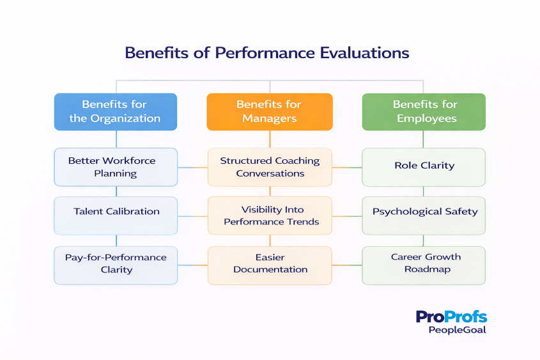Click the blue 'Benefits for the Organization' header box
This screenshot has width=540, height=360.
116,112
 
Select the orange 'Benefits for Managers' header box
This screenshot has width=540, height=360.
269,112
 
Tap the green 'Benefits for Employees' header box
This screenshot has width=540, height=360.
424,112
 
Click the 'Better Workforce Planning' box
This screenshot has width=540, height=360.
116,168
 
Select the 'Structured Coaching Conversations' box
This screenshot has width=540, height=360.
269,168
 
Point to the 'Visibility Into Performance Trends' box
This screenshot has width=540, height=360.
269,215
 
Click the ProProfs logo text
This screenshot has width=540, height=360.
451,317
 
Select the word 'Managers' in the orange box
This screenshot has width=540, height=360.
269,118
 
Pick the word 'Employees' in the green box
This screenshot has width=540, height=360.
426,118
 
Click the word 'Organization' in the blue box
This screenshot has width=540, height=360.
125,118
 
